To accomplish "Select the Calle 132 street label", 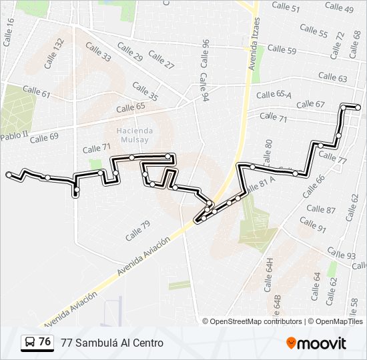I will [x=55, y=53].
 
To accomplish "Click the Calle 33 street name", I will [x=97, y=53].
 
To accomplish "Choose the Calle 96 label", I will [x=204, y=53].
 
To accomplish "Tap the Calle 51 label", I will [x=286, y=8].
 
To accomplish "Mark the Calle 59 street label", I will [x=282, y=50].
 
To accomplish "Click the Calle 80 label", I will [x=268, y=152].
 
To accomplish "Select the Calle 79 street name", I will [x=137, y=230].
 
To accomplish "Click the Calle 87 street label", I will [x=321, y=209].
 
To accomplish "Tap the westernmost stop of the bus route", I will [x=9, y=175].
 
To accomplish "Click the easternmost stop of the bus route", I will [x=358, y=107].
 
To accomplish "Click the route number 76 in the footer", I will [x=45, y=342].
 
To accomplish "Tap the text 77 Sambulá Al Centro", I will [x=111, y=343].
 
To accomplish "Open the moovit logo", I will [x=316, y=343].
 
